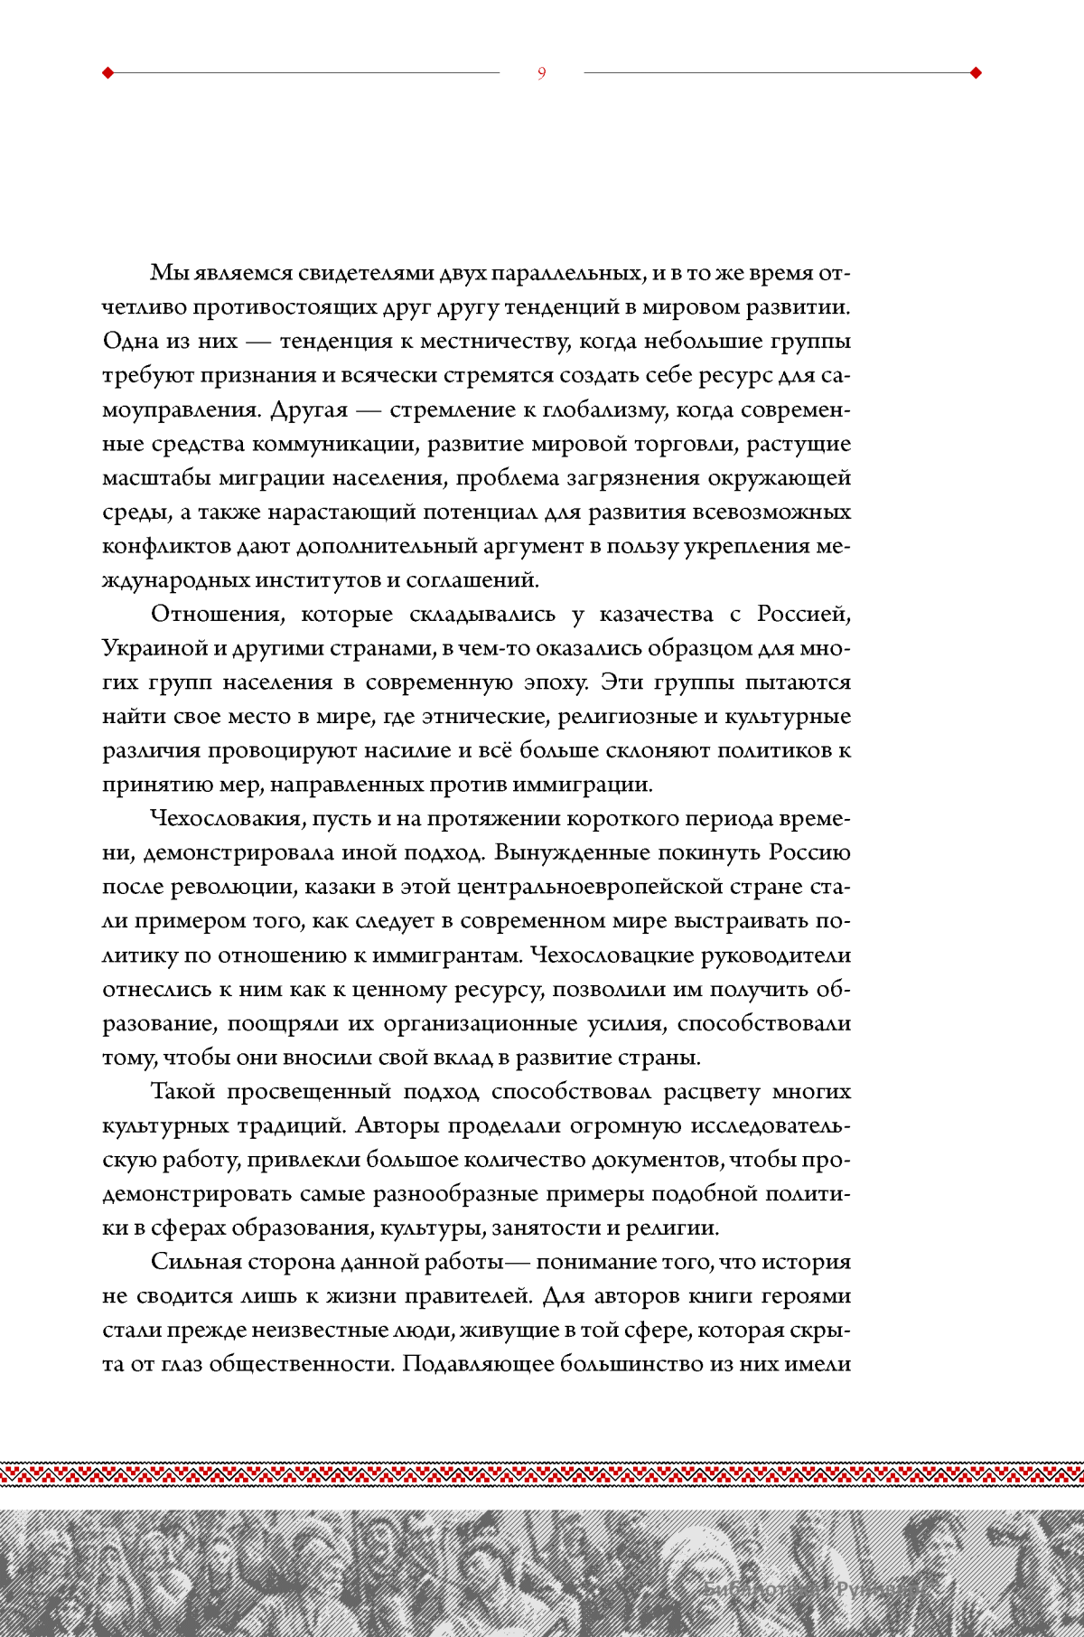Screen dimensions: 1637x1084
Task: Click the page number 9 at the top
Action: click(x=542, y=73)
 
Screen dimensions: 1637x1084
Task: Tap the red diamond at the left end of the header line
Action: click(x=108, y=73)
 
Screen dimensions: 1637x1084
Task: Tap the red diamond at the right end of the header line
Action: click(x=976, y=73)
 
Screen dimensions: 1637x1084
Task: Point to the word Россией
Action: click(x=803, y=614)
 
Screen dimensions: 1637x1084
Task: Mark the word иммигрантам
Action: click(x=448, y=955)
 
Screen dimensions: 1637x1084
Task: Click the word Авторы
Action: click(x=397, y=1125)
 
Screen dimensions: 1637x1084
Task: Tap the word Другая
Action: click(x=309, y=409)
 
